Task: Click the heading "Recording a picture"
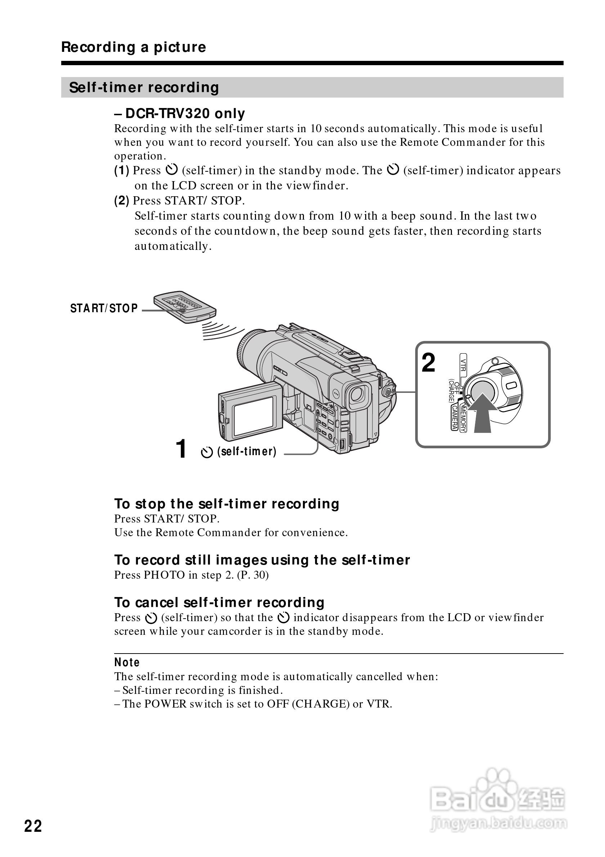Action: pyautogui.click(x=133, y=47)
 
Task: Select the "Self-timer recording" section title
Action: pyautogui.click(x=144, y=88)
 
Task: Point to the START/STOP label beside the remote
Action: pyautogui.click(x=104, y=308)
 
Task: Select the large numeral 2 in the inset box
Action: pyautogui.click(x=429, y=363)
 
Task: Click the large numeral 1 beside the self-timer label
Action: pyautogui.click(x=181, y=448)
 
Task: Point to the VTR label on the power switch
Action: pyautogui.click(x=463, y=364)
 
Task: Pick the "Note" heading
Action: pyautogui.click(x=127, y=662)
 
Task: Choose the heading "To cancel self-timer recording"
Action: pyautogui.click(x=219, y=602)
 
